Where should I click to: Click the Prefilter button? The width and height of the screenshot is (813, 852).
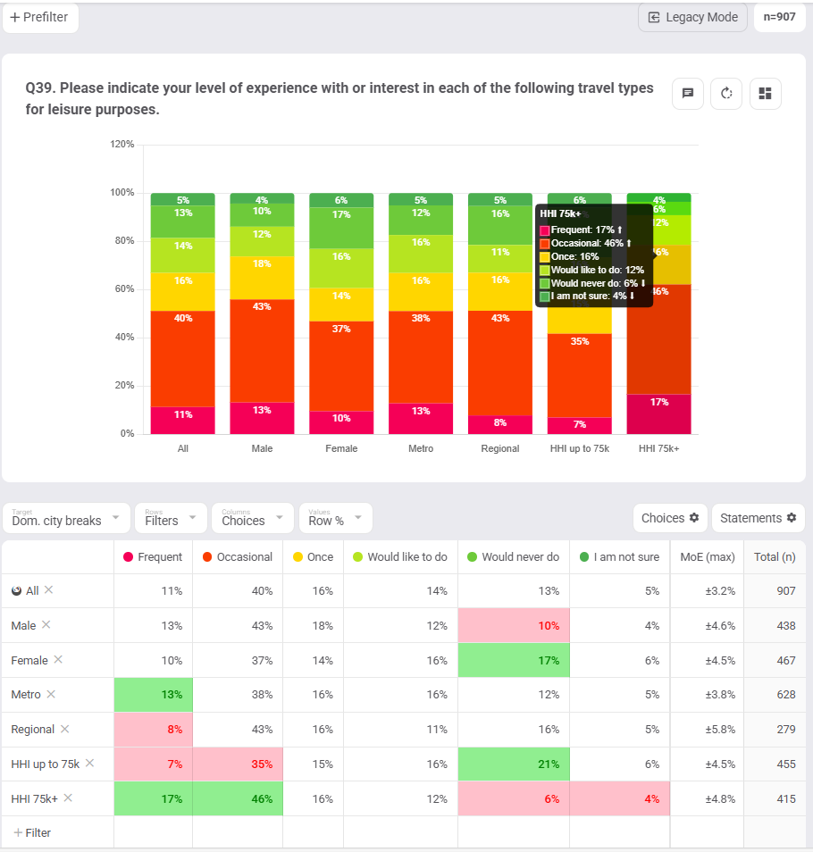(40, 17)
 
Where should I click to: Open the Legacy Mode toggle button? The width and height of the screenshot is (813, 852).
(692, 17)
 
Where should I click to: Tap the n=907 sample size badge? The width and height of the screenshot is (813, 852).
(779, 17)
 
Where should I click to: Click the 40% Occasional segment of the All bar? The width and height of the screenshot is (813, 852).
(183, 357)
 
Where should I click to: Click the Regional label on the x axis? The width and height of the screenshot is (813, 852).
(500, 448)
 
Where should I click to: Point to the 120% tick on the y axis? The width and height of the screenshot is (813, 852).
(122, 145)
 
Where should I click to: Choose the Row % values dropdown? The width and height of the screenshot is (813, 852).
(335, 518)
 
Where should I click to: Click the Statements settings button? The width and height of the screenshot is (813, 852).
(758, 518)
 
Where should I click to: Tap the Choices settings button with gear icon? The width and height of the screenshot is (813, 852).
(669, 518)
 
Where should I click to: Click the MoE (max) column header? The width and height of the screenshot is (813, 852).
(707, 557)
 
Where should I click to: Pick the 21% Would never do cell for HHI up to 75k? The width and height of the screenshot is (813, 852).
(513, 764)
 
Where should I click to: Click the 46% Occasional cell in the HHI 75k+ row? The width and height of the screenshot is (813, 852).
(238, 798)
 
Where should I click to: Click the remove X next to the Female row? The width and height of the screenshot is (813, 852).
(58, 659)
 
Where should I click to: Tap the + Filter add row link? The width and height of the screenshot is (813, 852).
(32, 832)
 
